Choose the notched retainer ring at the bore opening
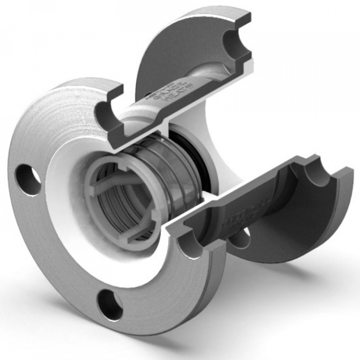pyautogui.click(x=98, y=197)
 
